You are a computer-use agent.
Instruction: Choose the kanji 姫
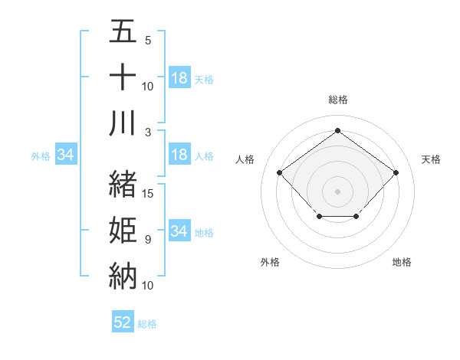pos(123,230)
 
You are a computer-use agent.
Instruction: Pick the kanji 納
pos(123,275)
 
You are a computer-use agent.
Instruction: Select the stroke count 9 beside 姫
pos(148,240)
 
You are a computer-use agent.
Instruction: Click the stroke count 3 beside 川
pos(148,133)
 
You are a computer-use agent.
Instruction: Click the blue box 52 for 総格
pos(123,322)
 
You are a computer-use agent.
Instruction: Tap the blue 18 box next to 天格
pos(179,78)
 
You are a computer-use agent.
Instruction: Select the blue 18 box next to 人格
pos(179,155)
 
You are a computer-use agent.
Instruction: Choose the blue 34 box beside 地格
pos(179,231)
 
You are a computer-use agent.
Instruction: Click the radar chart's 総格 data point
pos(337,130)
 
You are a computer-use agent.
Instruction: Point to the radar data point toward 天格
pos(396,172)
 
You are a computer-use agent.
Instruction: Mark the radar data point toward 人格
pos(279,172)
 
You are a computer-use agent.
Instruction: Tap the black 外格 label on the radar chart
pos(270,262)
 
